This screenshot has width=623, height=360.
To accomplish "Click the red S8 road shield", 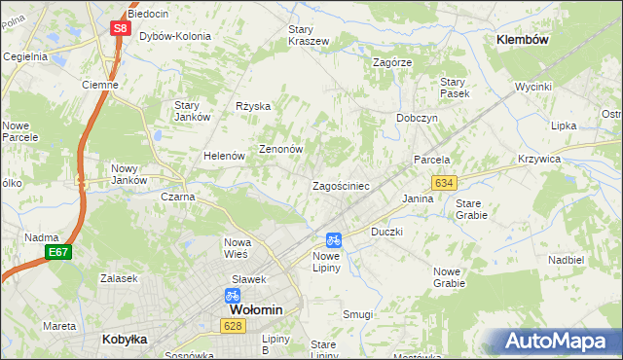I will [x=119, y=28].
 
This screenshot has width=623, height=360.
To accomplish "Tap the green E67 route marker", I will [x=57, y=252].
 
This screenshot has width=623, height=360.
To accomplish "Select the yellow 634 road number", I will [x=445, y=183].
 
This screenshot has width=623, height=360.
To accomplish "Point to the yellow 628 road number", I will [x=232, y=327].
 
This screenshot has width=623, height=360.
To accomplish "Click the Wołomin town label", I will [x=248, y=309].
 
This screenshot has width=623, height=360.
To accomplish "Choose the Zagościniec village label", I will [x=340, y=185].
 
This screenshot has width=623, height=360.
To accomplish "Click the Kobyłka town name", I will [x=125, y=340].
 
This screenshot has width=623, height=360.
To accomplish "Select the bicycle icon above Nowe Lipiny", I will [x=333, y=239].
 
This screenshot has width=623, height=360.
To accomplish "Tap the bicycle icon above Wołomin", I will [x=232, y=295].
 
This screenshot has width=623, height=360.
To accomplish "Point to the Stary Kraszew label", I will [x=308, y=36].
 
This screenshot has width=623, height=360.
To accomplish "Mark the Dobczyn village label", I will [x=417, y=117].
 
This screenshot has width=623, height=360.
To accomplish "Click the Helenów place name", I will [x=223, y=156].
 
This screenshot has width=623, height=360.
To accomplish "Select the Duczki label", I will [x=386, y=233].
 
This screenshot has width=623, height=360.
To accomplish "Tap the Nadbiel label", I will [x=566, y=260].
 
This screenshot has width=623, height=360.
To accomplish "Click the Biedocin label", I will [x=148, y=15].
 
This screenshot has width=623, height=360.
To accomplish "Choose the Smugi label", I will [x=357, y=314].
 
